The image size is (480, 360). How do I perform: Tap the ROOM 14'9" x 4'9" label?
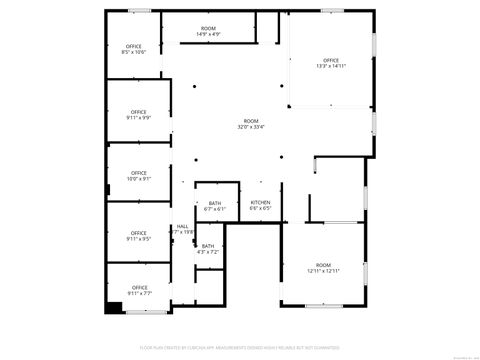point(208,31)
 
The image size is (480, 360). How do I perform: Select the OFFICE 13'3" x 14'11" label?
point(331,64)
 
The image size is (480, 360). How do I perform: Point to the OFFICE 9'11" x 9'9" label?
point(138,114)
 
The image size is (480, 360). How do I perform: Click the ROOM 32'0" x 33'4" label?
point(251,124)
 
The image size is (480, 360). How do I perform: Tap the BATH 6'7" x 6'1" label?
point(215,206)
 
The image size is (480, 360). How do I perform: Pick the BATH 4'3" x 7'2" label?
point(208,248)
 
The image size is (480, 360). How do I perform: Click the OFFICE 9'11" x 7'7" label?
point(138,291)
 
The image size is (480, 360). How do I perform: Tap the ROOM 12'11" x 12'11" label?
point(323,267)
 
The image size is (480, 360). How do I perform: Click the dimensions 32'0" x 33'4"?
point(251,127)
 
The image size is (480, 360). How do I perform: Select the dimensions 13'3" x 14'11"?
point(331,67)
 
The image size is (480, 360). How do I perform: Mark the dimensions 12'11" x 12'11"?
point(323,270)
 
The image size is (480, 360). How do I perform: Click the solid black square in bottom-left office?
point(104,306)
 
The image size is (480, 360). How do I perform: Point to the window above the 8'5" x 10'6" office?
point(141,11)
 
